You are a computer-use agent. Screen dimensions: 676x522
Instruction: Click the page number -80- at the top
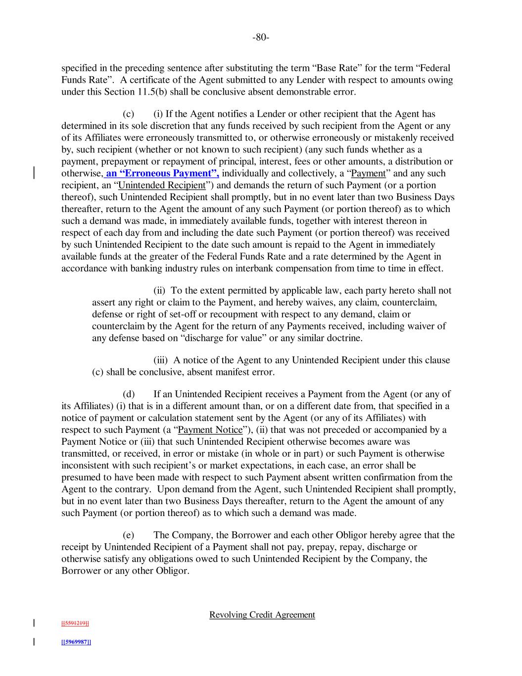click(x=261, y=37)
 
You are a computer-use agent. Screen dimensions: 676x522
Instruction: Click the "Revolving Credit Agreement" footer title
click(x=262, y=615)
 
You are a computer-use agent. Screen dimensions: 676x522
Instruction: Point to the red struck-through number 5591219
click(x=75, y=623)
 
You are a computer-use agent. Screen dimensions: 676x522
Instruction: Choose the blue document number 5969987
click(x=76, y=642)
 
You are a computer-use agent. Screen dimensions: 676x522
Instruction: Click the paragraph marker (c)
click(x=129, y=114)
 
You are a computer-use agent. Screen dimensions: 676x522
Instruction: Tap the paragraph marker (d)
click(x=129, y=394)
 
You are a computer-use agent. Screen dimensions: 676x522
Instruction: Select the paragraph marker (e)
click(x=129, y=535)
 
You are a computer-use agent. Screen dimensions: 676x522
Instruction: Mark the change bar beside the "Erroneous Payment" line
click(x=34, y=173)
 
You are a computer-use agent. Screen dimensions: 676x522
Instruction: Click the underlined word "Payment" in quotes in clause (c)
click(x=368, y=173)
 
